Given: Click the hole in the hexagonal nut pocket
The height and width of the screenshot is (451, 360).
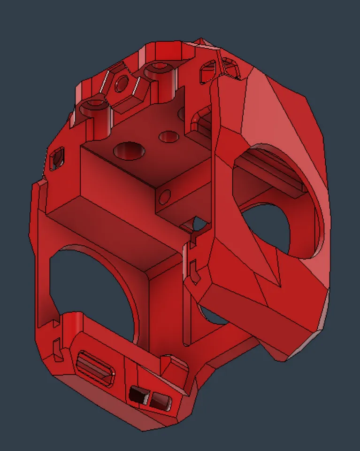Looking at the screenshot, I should [x=122, y=85].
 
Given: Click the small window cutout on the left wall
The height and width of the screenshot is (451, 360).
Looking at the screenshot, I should [x=57, y=159].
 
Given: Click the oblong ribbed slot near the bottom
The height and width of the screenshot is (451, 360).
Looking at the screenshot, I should [x=96, y=366].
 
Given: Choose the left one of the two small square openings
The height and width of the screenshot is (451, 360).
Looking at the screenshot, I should [x=138, y=395].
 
